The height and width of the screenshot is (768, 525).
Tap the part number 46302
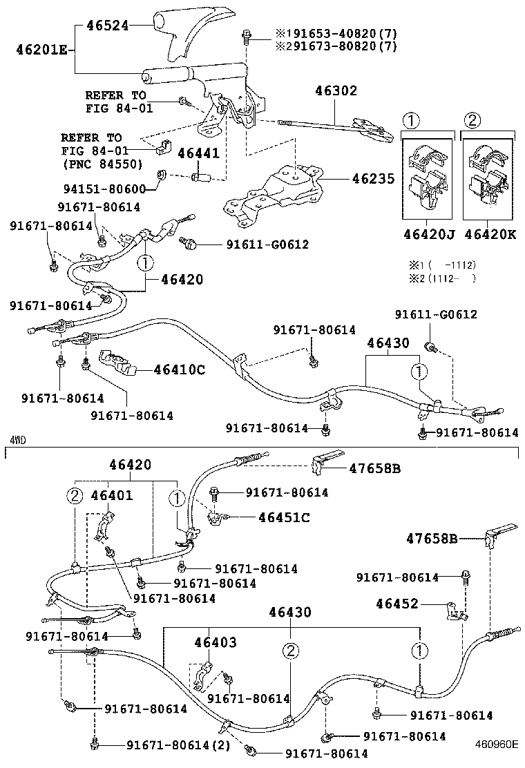[336, 90]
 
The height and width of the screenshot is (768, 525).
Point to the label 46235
[373, 179]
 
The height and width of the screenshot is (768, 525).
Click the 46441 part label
[199, 153]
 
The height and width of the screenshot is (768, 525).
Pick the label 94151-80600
[111, 189]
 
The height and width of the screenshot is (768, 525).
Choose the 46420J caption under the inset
[429, 234]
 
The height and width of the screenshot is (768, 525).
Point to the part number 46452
[397, 604]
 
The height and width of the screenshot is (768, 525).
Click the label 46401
[112, 495]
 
